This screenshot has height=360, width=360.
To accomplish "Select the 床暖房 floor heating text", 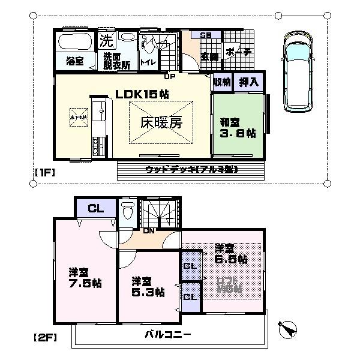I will click(161, 123).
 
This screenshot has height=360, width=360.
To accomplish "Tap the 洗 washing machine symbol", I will click(106, 41).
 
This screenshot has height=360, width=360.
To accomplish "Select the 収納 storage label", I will click(222, 82).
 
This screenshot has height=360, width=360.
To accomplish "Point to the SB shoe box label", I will click(205, 35).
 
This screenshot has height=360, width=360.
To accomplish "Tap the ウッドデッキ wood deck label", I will click(191, 170).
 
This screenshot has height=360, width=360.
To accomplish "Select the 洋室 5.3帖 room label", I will click(148, 287).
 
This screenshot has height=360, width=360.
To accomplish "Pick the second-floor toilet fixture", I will click(127, 211).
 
